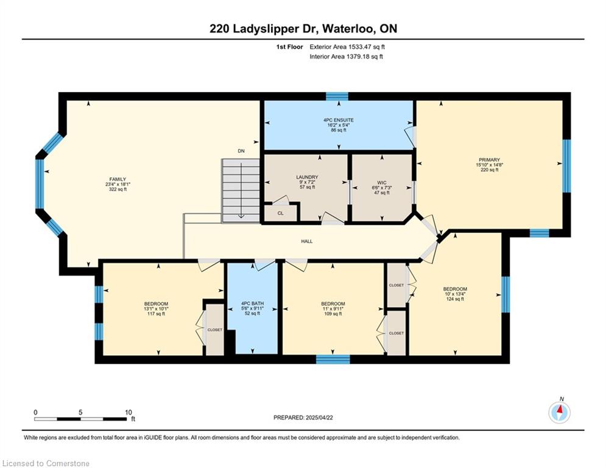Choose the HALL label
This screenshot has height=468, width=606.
(307, 241)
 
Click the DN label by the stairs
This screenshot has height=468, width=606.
(241, 151)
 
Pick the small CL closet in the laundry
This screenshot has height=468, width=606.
(281, 213)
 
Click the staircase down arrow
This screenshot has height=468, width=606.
(241, 190)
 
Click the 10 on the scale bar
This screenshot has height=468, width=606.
(129, 413)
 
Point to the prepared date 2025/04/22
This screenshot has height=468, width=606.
(319, 417)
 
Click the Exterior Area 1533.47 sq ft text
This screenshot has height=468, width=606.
(347, 47)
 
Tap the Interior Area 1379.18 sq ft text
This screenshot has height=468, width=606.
(347, 57)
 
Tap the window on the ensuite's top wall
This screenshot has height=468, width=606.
(337, 96)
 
